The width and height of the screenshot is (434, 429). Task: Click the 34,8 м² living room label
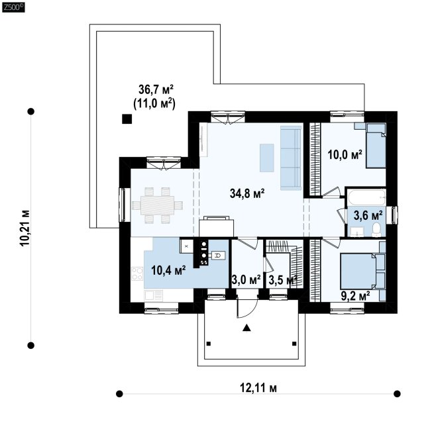point(247,193)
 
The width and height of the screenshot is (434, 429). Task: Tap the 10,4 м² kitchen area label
point(168,270)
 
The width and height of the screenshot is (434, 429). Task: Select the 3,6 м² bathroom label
point(368,215)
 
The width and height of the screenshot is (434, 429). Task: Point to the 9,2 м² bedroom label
point(355,297)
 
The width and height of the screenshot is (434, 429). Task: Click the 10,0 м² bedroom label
point(345,155)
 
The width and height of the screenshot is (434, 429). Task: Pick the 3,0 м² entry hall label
point(246,280)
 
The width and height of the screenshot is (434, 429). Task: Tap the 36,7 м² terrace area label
point(156,89)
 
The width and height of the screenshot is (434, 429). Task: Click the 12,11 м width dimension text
point(258,388)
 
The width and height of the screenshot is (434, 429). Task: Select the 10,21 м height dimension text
point(25,228)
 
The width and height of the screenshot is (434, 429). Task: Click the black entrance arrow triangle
point(246,328)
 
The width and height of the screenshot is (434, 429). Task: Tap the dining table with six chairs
point(157,205)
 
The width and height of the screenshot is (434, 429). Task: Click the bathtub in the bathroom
point(366,197)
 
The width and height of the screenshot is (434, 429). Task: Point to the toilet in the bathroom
point(376,230)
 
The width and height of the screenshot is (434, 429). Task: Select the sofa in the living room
point(291,158)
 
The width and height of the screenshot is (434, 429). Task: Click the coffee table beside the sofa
point(266,158)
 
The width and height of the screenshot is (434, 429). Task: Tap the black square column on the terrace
point(127,119)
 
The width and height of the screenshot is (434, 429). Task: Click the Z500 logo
point(13,7)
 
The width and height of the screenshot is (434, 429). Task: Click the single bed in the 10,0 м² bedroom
point(376,146)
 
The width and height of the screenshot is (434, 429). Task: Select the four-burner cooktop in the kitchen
point(137,273)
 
